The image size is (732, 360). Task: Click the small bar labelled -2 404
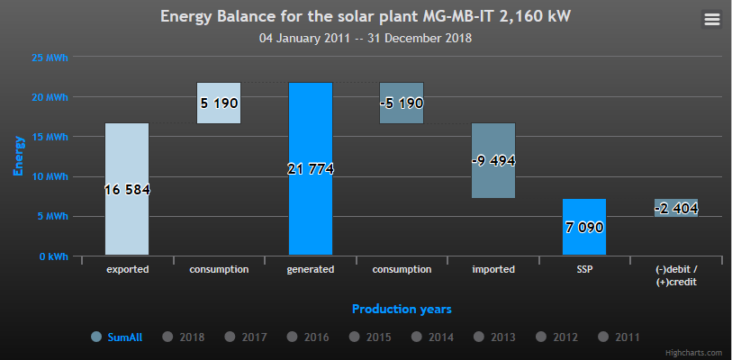(676, 208)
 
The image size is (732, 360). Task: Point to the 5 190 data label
(219, 103)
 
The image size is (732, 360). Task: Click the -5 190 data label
(402, 103)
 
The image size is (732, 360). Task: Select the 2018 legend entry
(192, 337)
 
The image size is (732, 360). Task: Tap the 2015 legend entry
(378, 337)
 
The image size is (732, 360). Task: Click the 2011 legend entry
(627, 337)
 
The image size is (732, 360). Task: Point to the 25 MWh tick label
(50, 57)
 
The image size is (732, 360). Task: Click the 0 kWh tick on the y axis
(52, 256)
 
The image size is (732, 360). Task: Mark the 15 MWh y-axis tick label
(50, 137)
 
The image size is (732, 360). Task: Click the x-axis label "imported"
(493, 269)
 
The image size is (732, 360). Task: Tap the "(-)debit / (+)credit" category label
(676, 275)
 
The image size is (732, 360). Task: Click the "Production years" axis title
(402, 309)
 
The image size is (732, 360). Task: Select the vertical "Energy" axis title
(18, 155)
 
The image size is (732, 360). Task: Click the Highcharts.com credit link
(693, 353)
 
